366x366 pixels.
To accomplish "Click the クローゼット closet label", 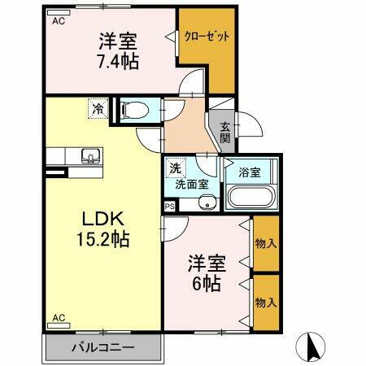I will pyautogui.click(x=207, y=37).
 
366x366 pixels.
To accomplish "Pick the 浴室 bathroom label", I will pyautogui.click(x=250, y=173).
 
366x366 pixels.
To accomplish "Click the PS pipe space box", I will pyautogui.click(x=169, y=207).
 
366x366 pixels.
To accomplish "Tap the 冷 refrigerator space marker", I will pyautogui.click(x=98, y=107).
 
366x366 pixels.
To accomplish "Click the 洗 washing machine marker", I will pyautogui.click(x=174, y=168).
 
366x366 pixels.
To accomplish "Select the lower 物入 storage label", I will pyautogui.click(x=265, y=302).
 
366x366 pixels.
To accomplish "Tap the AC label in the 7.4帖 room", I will pyautogui.click(x=59, y=22).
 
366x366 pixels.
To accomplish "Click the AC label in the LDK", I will pyautogui.click(x=59, y=317).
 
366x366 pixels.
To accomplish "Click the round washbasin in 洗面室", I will pyautogui.click(x=208, y=203).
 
